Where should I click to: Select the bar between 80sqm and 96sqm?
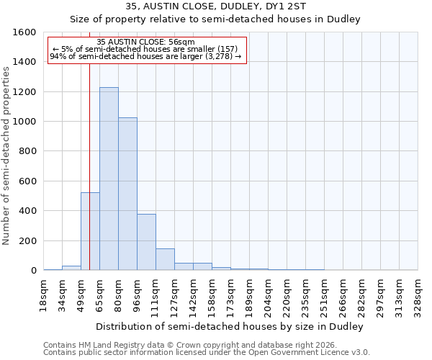click(x=127, y=194)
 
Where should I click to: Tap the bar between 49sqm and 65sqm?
click(x=90, y=231)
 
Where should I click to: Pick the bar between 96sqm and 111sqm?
click(x=146, y=242)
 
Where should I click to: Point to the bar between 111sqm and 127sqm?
click(x=165, y=259)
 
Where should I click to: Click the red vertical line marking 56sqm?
click(x=89, y=144)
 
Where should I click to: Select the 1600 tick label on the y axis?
click(x=25, y=32)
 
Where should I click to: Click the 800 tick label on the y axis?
click(x=28, y=151)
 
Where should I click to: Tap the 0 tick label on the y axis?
click(x=34, y=271)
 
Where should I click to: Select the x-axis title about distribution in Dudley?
click(x=229, y=326)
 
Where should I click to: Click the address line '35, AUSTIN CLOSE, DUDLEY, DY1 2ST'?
click(x=215, y=6)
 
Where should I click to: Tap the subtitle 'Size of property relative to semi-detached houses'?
click(x=215, y=19)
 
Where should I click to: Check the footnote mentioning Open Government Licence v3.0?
click(x=206, y=353)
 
